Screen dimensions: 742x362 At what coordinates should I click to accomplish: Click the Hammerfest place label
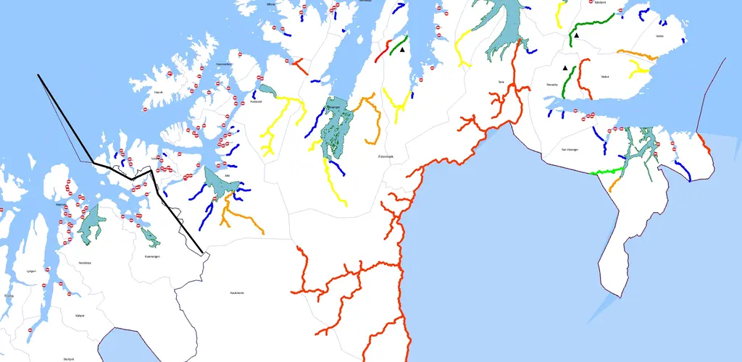(223, 64)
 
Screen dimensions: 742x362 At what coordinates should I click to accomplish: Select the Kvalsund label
(255, 102)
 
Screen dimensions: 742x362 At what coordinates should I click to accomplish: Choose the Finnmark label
(385, 156)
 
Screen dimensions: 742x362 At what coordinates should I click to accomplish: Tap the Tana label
(501, 82)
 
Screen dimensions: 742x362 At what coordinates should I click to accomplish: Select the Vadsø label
(605, 76)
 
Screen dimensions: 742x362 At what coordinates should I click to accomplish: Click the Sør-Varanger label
(571, 149)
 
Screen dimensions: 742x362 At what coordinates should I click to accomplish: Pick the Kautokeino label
(236, 292)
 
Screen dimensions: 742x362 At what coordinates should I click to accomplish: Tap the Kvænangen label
(151, 256)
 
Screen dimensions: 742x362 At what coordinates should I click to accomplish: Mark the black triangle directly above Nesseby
(565, 67)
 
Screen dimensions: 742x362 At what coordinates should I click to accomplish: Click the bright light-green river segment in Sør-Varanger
(608, 171)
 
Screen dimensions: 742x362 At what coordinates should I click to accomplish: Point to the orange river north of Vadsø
(638, 54)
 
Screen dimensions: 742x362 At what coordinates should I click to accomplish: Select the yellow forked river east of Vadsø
(641, 69)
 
